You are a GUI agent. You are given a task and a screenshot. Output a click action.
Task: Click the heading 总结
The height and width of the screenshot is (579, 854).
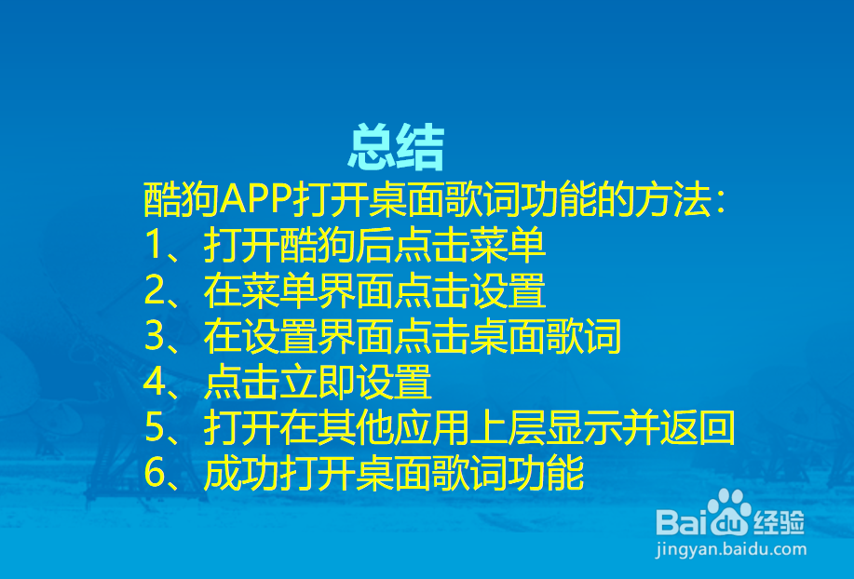[x=397, y=147]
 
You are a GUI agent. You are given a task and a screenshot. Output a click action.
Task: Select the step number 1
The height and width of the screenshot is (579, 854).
[x=155, y=244]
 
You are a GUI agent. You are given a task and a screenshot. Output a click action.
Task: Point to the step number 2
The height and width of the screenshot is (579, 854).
[x=155, y=290]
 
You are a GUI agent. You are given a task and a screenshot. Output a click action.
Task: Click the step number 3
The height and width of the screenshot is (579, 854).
[x=155, y=336]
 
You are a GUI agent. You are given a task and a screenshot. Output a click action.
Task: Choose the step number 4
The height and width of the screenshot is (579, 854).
[x=155, y=382]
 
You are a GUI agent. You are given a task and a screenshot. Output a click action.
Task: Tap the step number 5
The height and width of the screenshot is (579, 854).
[x=155, y=427]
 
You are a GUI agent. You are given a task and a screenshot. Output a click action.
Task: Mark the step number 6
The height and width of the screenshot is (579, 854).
[x=155, y=473]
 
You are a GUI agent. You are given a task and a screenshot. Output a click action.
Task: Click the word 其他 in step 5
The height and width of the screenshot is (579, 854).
[x=356, y=427]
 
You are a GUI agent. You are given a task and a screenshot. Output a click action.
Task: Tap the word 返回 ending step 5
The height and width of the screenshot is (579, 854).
[x=698, y=427]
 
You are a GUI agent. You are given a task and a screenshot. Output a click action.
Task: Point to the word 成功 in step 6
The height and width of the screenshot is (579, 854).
[x=242, y=473]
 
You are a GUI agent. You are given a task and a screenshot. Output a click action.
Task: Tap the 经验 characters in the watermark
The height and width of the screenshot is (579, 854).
[x=779, y=523]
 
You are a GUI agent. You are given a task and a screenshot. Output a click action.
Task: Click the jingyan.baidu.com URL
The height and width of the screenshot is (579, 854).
[x=731, y=549]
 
